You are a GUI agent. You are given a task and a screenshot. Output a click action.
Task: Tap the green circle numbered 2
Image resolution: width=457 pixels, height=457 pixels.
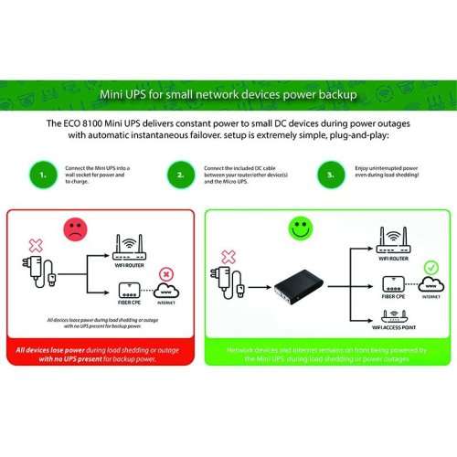tap(181, 173)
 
